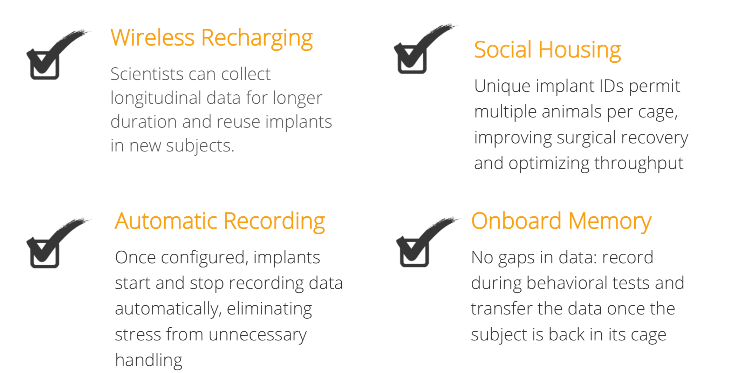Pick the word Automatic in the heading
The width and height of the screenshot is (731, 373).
coord(166,221)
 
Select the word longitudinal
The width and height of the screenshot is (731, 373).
coord(156,99)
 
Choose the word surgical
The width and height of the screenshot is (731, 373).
coord(586,138)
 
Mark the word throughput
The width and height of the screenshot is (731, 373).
coord(639,164)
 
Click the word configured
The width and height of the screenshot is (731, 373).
coord(204,258)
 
